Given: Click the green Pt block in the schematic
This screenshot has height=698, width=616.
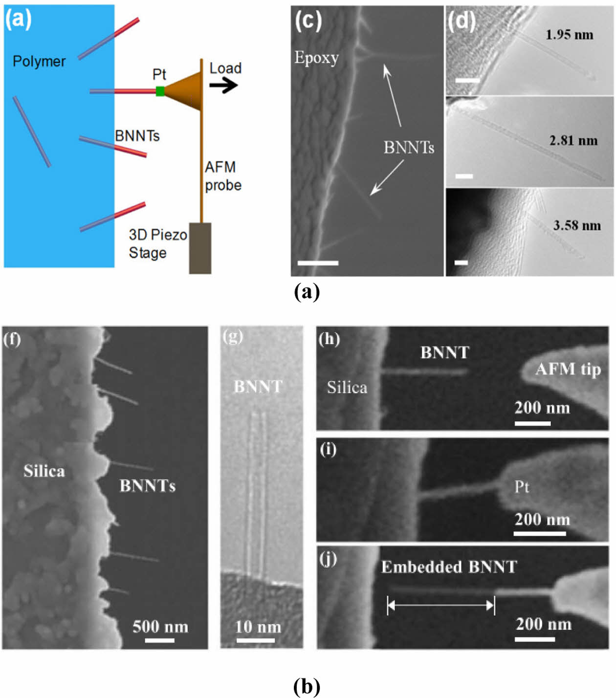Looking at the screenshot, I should pyautogui.click(x=160, y=91).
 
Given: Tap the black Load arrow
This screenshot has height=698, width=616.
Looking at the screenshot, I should pyautogui.click(x=223, y=86).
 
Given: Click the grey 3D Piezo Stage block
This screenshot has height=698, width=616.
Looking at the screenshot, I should pyautogui.click(x=200, y=248).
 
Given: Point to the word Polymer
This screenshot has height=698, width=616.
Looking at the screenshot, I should pyautogui.click(x=39, y=62).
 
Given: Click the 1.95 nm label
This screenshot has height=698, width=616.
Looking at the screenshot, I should pyautogui.click(x=569, y=35).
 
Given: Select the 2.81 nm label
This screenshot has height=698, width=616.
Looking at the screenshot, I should pyautogui.click(x=573, y=141).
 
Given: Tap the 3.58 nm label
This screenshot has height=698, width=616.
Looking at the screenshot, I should pyautogui.click(x=576, y=225).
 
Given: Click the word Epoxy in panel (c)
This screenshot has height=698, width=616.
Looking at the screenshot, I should pyautogui.click(x=316, y=58).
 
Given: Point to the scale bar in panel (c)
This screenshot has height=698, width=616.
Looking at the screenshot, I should pyautogui.click(x=318, y=263).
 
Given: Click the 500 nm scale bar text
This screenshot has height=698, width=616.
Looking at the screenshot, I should pyautogui.click(x=160, y=627).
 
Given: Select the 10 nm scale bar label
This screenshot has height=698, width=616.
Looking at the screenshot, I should pyautogui.click(x=258, y=627).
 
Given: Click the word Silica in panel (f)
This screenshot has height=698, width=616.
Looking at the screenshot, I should pyautogui.click(x=44, y=471).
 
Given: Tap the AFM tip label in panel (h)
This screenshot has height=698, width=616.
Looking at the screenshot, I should pyautogui.click(x=568, y=369).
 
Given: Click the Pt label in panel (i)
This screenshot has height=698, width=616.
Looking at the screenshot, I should pyautogui.click(x=521, y=487).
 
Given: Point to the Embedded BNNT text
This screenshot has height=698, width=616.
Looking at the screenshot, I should pyautogui.click(x=449, y=567).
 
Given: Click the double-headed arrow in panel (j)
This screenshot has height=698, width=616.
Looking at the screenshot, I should pyautogui.click(x=440, y=606).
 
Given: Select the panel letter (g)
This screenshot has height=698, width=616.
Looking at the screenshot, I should pyautogui.click(x=232, y=336).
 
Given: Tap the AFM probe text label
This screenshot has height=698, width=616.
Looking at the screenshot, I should pyautogui.click(x=223, y=176).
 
